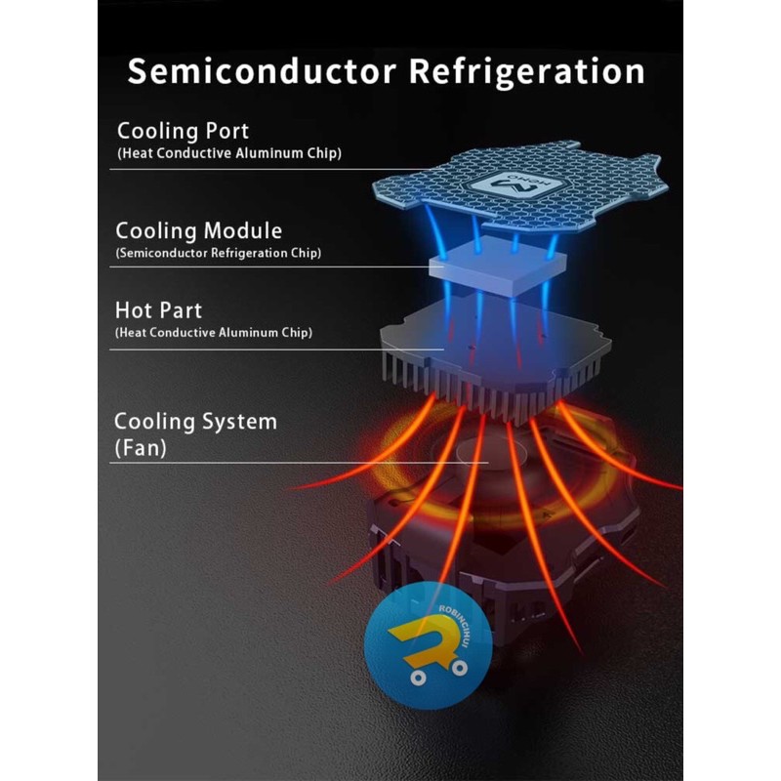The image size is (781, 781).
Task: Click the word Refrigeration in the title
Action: (514, 71)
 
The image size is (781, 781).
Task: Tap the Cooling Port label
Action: (183, 131)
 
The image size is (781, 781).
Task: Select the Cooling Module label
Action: (198, 231)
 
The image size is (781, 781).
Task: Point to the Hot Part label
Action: (158, 310)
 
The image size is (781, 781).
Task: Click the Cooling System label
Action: (195, 422)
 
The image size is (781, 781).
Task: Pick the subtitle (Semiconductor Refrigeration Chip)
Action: (218, 253)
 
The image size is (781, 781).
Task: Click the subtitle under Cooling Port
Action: (228, 153)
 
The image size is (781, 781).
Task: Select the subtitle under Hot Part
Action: (213, 333)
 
